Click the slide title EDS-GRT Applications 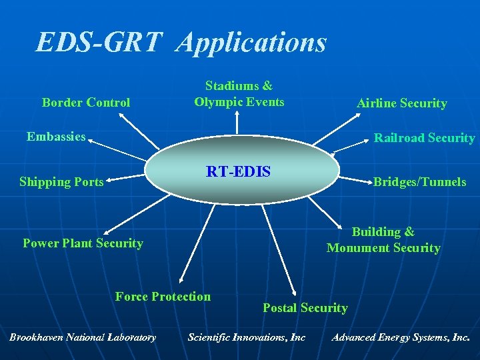181,43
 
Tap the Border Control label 86,103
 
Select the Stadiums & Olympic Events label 239,94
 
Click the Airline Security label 401,103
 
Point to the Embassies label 56,137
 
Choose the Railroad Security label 424,138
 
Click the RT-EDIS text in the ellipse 238,172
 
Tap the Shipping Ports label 61,181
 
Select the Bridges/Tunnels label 419,181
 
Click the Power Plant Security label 83,243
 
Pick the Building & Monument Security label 383,240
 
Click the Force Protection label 163,297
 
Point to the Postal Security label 305,308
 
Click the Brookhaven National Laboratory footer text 83,337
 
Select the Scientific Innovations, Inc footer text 247,337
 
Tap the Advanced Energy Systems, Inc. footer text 401,337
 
